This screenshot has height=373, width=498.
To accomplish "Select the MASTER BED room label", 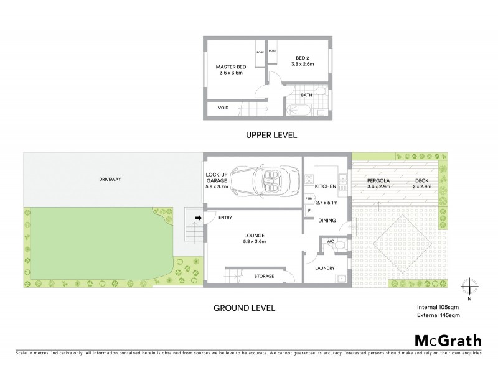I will pyautogui.click(x=229, y=67).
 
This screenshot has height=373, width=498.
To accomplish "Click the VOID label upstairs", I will pyautogui.click(x=223, y=108).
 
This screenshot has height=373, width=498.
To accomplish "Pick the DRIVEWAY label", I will pyautogui.click(x=109, y=179).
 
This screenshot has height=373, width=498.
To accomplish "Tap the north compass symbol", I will pyautogui.click(x=470, y=287).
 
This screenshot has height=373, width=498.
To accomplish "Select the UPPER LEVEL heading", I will pyautogui.click(x=271, y=135).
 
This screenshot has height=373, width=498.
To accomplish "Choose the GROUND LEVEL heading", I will pyautogui.click(x=244, y=307).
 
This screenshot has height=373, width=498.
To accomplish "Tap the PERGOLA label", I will pyautogui.click(x=378, y=179).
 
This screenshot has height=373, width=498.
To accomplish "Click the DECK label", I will pyautogui.click(x=422, y=179).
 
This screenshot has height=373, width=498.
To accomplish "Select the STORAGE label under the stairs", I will pyautogui.click(x=264, y=276).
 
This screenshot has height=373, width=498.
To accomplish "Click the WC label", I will pyautogui.click(x=331, y=241).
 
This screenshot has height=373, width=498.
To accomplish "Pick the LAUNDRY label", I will pyautogui.click(x=325, y=268).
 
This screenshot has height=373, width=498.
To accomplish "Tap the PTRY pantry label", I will pyautogui.click(x=309, y=198).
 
